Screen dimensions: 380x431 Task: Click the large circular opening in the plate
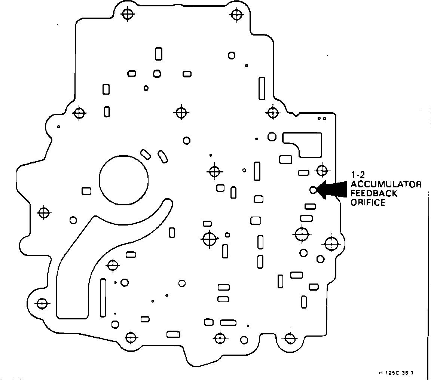(x=123, y=180)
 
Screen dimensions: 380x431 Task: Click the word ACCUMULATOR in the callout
(x=386, y=184)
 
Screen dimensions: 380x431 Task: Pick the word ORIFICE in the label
(x=367, y=203)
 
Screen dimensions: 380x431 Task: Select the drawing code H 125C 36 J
(x=397, y=373)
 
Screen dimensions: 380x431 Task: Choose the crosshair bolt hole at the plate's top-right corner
(x=236, y=14)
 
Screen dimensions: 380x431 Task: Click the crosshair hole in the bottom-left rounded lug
(x=42, y=303)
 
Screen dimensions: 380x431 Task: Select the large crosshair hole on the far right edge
(x=331, y=244)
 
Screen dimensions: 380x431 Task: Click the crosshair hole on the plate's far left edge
(x=44, y=212)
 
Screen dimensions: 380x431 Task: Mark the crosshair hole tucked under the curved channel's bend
(x=113, y=265)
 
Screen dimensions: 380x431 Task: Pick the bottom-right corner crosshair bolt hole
(x=289, y=338)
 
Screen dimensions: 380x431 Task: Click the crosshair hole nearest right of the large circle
(x=214, y=172)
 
